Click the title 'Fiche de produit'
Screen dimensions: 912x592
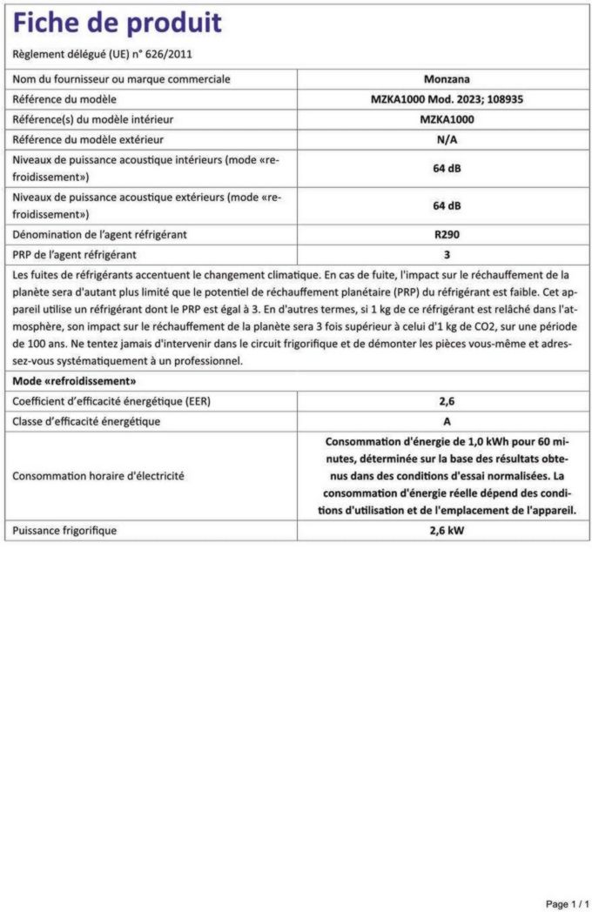point(118,23)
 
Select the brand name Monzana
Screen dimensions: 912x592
point(447,79)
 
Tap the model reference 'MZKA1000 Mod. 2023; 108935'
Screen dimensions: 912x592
point(447,99)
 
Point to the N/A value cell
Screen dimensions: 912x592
point(447,139)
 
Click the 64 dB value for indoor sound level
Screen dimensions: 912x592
point(447,168)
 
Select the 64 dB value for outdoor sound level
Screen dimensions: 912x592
point(447,205)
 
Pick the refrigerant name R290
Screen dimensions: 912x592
point(447,234)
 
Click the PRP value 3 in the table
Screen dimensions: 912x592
point(447,255)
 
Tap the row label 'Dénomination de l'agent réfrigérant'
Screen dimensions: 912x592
point(99,234)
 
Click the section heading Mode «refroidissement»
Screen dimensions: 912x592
point(74,381)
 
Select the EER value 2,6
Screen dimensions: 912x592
point(447,401)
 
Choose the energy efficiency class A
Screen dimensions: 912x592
point(447,421)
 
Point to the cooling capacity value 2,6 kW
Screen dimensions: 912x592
point(447,530)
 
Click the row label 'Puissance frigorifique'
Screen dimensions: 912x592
point(64,530)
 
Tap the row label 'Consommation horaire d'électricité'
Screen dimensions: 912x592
point(98,476)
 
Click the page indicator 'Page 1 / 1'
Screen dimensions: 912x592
point(567,904)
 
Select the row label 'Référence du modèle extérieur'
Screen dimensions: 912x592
point(88,139)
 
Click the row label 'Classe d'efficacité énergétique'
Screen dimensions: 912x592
point(86,421)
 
